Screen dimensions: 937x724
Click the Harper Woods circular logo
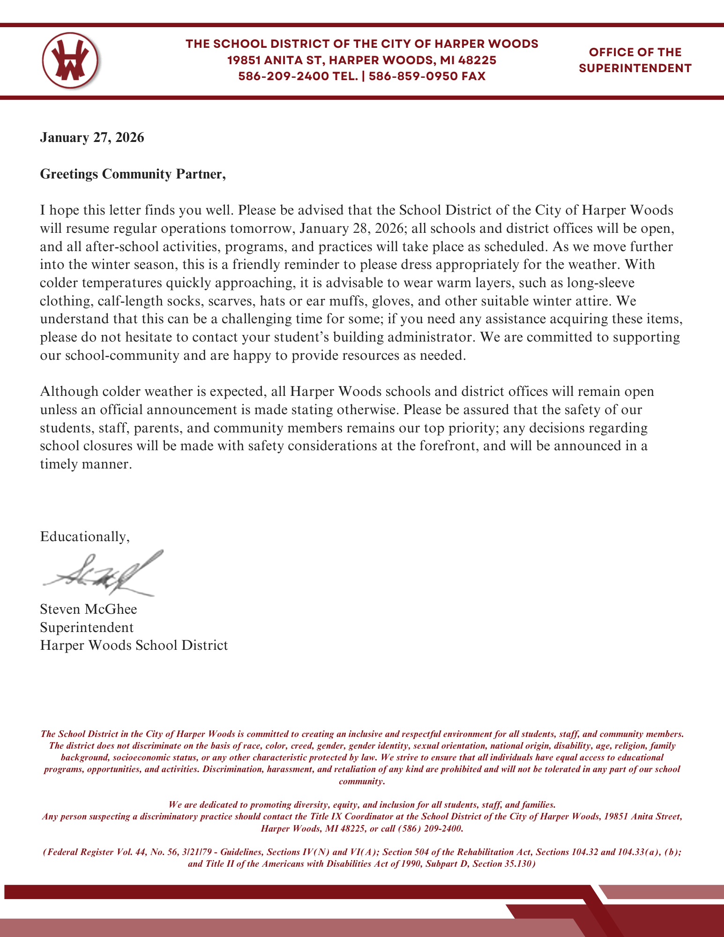70,60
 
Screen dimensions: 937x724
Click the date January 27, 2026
92,138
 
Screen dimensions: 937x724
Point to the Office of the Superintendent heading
635,60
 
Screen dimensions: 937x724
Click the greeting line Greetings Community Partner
133,174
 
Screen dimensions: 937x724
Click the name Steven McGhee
89,609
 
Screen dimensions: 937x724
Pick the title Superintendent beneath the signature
87,627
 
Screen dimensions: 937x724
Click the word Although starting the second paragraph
69,391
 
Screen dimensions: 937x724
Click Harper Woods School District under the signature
134,646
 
